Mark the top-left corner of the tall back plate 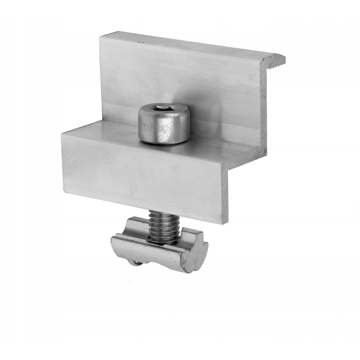[100, 36]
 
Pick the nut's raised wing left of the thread [134, 226]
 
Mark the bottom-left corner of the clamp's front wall [63, 192]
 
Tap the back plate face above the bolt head [165, 75]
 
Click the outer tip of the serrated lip [283, 60]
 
